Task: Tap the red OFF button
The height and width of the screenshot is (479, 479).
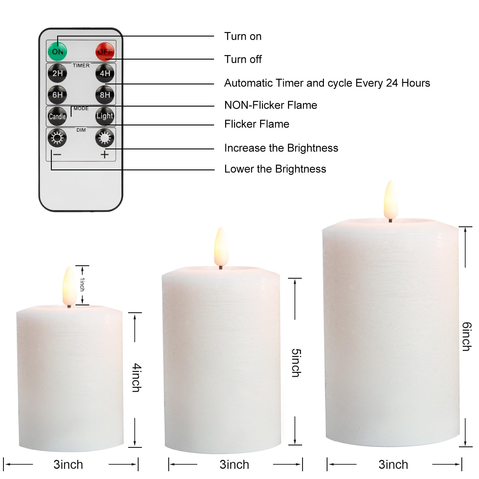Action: pyautogui.click(x=105, y=51)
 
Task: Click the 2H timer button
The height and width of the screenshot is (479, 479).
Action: pyautogui.click(x=57, y=73)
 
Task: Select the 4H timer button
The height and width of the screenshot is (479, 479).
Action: pyautogui.click(x=105, y=73)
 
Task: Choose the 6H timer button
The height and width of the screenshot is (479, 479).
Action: pyautogui.click(x=57, y=95)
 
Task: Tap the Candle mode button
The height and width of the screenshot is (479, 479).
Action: pyautogui.click(x=57, y=116)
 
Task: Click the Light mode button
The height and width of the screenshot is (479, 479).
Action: pyautogui.click(x=105, y=116)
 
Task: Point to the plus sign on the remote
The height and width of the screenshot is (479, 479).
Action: pyautogui.click(x=104, y=154)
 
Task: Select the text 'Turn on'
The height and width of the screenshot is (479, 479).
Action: pyautogui.click(x=243, y=36)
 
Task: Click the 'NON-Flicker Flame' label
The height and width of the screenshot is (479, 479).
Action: pyautogui.click(x=271, y=105)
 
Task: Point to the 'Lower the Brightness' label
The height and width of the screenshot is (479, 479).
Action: pyautogui.click(x=275, y=169)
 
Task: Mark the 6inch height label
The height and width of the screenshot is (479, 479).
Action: pyautogui.click(x=466, y=336)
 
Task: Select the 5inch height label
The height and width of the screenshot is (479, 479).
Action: pyautogui.click(x=296, y=363)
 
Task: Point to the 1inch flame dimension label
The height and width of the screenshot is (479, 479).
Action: pyautogui.click(x=82, y=284)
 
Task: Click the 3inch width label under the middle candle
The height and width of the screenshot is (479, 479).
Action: pyautogui.click(x=234, y=465)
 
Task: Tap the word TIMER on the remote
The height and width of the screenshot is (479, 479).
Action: pyautogui.click(x=81, y=65)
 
